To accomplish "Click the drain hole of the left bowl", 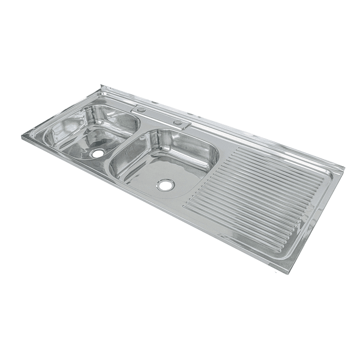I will [97, 154].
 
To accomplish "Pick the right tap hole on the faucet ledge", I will [178, 123].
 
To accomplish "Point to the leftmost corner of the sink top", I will [23, 137].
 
